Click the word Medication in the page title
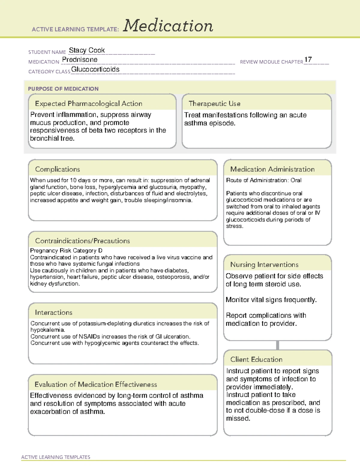click(x=168, y=26)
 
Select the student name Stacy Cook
click(x=87, y=50)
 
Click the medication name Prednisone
click(x=79, y=60)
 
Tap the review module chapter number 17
click(x=308, y=59)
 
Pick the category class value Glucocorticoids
click(x=95, y=69)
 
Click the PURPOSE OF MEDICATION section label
click(x=63, y=89)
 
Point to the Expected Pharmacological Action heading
click(x=88, y=104)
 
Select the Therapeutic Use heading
click(x=214, y=104)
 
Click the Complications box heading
click(x=57, y=169)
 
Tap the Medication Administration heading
click(x=272, y=169)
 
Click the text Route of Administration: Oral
click(x=263, y=180)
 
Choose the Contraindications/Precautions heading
click(x=82, y=241)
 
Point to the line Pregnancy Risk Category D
click(x=66, y=251)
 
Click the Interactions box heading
click(x=53, y=312)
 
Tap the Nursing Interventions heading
click(x=264, y=265)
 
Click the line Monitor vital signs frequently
click(x=271, y=300)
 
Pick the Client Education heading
click(x=256, y=359)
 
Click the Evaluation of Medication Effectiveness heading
click(x=96, y=384)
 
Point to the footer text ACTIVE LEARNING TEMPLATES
click(x=55, y=457)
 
